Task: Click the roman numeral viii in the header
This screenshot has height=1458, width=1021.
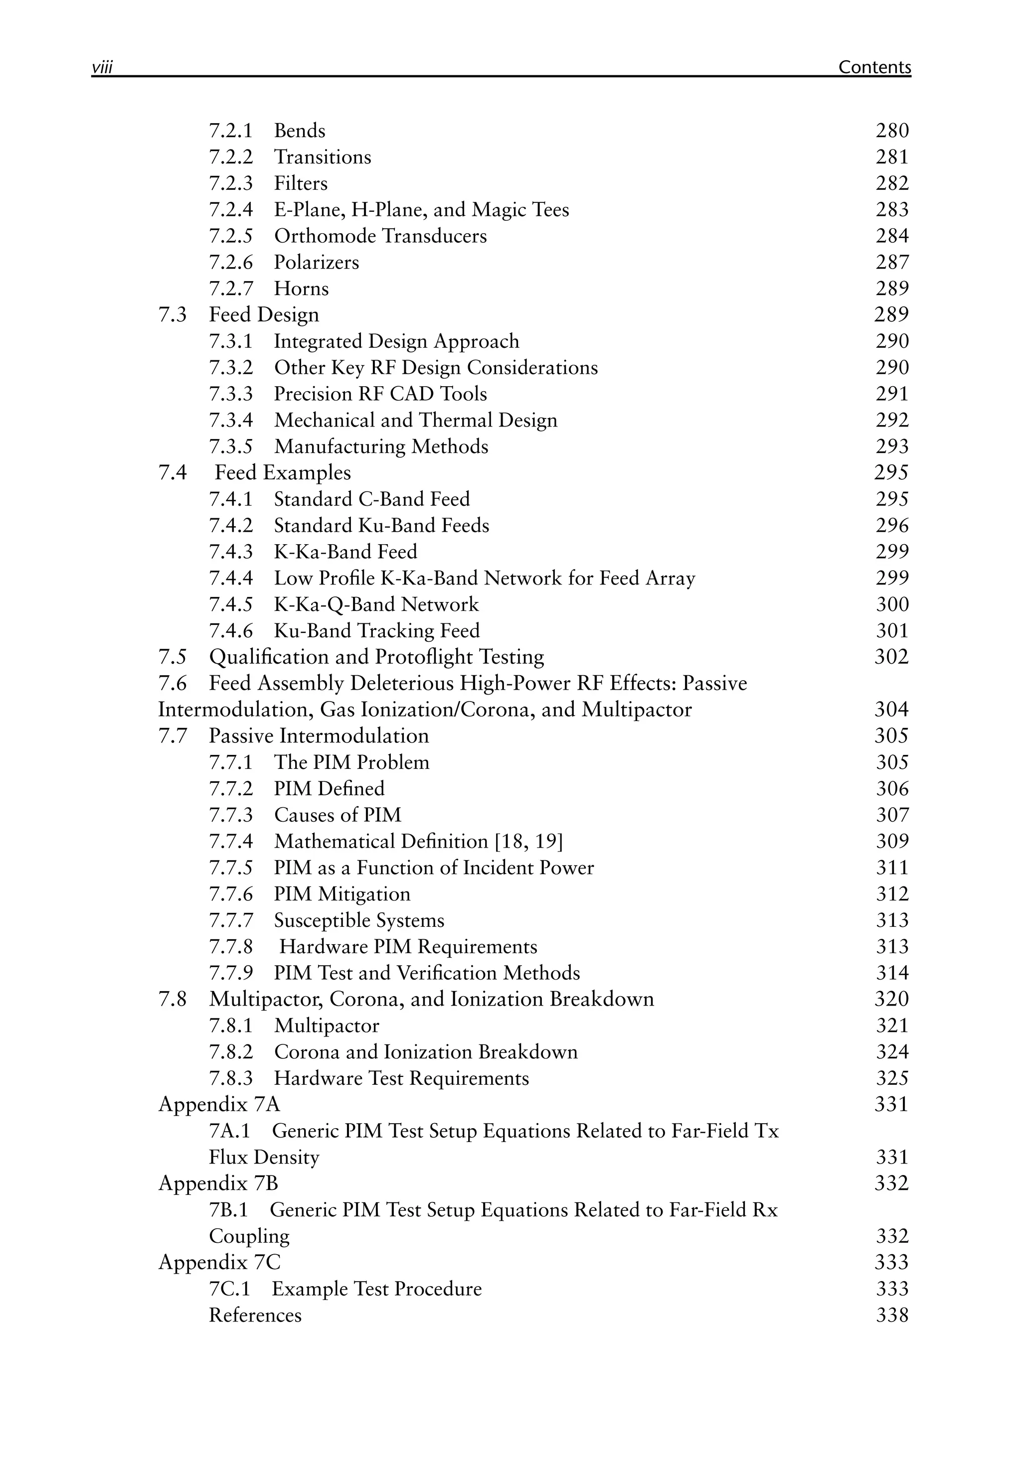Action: (102, 67)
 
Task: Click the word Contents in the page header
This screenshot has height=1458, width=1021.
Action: (874, 67)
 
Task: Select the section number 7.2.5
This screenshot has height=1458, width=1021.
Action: (231, 236)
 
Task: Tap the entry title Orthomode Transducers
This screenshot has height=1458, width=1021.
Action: (380, 236)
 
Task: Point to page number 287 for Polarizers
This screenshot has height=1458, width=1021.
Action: (892, 262)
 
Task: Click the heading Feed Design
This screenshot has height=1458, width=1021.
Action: (264, 315)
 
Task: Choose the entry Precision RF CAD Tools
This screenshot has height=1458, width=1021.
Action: (380, 394)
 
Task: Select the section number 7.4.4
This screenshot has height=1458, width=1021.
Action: (231, 578)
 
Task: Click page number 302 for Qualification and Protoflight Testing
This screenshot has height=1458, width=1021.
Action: (891, 657)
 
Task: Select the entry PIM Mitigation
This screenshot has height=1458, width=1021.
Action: (342, 894)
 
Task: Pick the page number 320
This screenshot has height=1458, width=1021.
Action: (891, 999)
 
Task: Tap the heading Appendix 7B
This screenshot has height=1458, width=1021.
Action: (218, 1183)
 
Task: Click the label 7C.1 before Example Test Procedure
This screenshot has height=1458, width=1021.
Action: (229, 1289)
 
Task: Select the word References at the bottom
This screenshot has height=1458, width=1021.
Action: (255, 1314)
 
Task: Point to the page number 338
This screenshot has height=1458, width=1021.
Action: (892, 1314)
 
